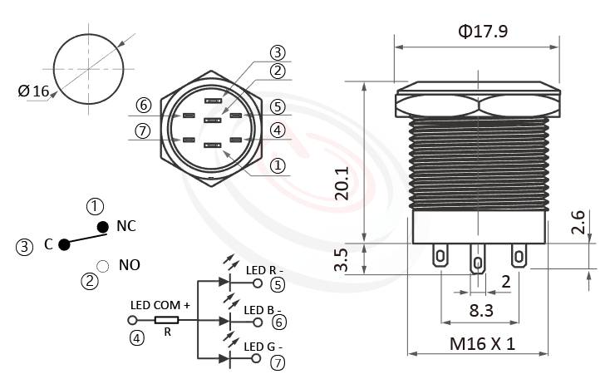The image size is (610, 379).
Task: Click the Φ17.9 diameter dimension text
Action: pos(483,32)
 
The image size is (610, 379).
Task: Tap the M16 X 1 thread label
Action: pos(482,343)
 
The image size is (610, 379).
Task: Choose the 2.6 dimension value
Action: pos(578,223)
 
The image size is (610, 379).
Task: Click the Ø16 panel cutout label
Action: pos(34,91)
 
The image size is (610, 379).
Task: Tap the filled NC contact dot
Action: pos(102,227)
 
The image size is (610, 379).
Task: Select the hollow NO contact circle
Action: pos(102,266)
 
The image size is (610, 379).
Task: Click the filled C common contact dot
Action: pos(64,244)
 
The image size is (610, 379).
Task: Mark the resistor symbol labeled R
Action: pos(167,320)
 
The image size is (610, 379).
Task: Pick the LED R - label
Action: pos(265,269)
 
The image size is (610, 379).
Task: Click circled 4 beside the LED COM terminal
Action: pos(135,338)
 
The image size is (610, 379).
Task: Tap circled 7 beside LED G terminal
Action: pos(277,362)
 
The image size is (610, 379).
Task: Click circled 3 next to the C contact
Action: pos(25,246)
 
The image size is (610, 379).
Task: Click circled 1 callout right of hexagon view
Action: pos(278,165)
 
